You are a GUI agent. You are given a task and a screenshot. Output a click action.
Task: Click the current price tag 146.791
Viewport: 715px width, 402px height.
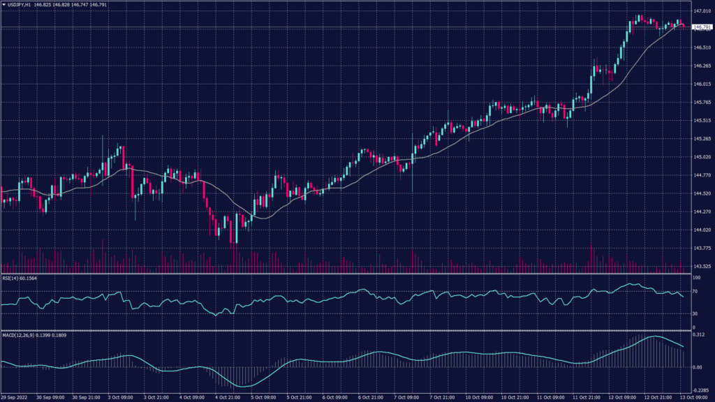pyautogui.click(x=702, y=27)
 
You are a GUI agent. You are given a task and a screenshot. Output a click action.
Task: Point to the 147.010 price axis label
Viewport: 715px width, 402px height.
pyautogui.click(x=702, y=12)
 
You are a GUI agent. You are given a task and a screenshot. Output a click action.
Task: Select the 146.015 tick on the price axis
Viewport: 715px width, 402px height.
pyautogui.click(x=702, y=84)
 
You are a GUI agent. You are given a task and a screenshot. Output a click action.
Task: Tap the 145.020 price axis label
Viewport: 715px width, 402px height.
pyautogui.click(x=702, y=157)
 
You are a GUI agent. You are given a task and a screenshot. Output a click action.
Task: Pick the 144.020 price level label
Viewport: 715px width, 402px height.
pyautogui.click(x=702, y=230)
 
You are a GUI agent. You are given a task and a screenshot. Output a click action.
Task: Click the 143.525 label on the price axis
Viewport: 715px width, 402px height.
pyautogui.click(x=702, y=266)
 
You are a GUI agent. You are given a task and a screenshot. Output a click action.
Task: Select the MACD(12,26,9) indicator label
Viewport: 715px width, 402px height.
pyautogui.click(x=17, y=334)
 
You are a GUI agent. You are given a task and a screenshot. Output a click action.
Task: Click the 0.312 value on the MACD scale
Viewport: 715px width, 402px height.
pyautogui.click(x=698, y=335)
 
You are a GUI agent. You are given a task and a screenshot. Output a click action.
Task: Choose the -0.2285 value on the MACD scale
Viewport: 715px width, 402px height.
pyautogui.click(x=700, y=391)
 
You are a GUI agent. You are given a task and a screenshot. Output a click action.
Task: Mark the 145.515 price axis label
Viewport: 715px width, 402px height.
pyautogui.click(x=702, y=121)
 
